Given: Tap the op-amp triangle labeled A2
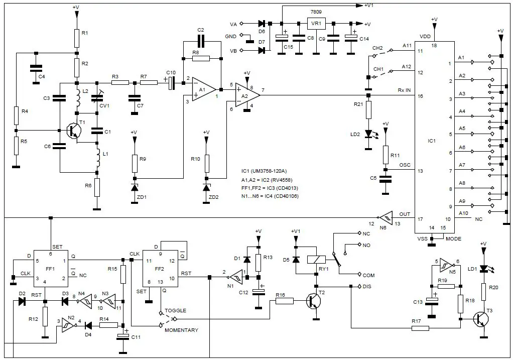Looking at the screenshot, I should pos(246,94).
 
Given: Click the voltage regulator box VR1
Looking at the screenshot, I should pos(316,23).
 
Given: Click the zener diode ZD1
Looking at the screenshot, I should pos(135,187).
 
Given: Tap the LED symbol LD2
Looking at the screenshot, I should pos(368,134).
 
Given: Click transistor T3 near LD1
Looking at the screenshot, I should pos(481,318).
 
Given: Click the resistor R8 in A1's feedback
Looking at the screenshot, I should pos(201,58).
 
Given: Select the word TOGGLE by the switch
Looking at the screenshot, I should pos(175,311).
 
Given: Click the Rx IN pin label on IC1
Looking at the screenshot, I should pos(404,90).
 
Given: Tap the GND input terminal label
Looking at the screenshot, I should pos(230,36).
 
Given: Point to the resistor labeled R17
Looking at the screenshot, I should pos(421,328).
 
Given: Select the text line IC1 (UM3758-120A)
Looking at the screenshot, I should pos(270,171).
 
